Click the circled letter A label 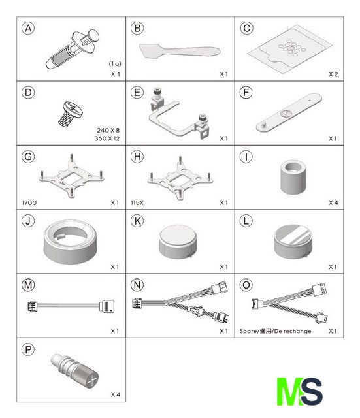pos(28,28)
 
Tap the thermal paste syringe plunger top pos(93,35)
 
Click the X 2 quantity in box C pos(333,74)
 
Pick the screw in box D pos(71,114)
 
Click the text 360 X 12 pos(107,138)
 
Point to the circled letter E pos(137,93)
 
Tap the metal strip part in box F pos(289,112)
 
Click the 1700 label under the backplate pos(29,203)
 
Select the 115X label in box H pos(137,203)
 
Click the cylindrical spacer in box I pos(293,177)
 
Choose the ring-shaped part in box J pos(71,242)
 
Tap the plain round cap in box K pos(178,242)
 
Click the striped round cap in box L pos(292,242)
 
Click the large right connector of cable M pos(106,306)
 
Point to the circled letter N pos(137,285)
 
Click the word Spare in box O pos(248,331)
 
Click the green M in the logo pos(289,391)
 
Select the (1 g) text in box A pos(115,64)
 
